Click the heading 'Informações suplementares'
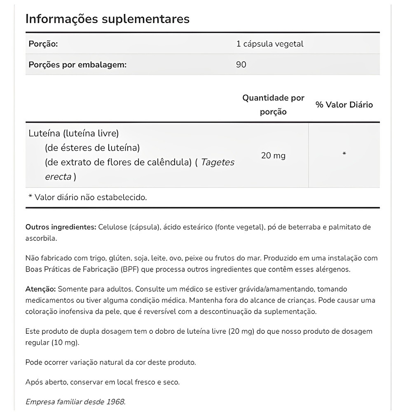pyautogui.click(x=108, y=19)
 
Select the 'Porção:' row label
pyautogui.click(x=43, y=44)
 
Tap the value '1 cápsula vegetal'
pyautogui.click(x=270, y=44)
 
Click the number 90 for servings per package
pyautogui.click(x=241, y=65)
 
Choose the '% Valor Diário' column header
pyautogui.click(x=344, y=105)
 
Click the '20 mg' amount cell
pyautogui.click(x=273, y=156)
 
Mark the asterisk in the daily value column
pyautogui.click(x=344, y=154)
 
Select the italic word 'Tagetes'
pyautogui.click(x=217, y=162)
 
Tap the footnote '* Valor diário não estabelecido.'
pyautogui.click(x=87, y=197)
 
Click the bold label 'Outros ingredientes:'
pyautogui.click(x=61, y=227)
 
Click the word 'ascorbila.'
pyautogui.click(x=41, y=238)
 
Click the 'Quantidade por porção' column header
pyautogui.click(x=273, y=105)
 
